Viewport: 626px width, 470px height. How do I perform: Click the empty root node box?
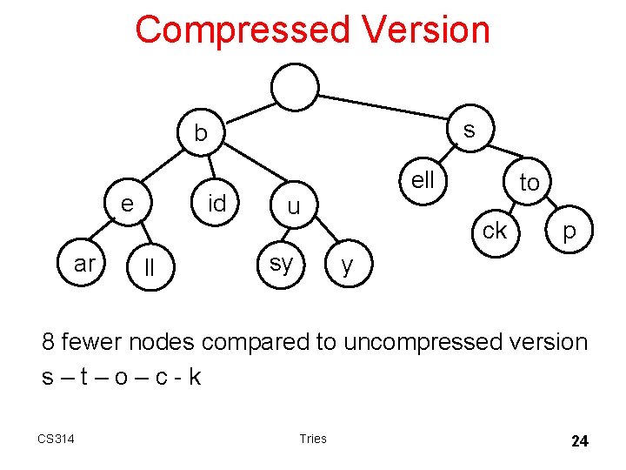click(295, 86)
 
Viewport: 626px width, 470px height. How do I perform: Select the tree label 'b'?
click(201, 133)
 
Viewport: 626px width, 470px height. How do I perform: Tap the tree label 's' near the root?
click(469, 130)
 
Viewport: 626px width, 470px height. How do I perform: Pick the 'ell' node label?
click(423, 180)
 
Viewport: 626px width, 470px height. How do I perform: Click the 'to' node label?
click(529, 183)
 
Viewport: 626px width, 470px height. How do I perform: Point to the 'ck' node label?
click(495, 231)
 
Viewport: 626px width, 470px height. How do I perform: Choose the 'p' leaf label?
click(569, 232)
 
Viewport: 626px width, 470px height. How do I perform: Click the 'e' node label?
click(127, 204)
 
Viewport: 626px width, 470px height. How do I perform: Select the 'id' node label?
click(217, 204)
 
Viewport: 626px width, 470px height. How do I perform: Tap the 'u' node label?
click(294, 207)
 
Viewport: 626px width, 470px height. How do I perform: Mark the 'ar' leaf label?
click(85, 264)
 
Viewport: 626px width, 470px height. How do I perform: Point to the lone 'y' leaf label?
click(348, 265)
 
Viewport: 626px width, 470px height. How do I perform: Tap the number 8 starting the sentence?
click(49, 342)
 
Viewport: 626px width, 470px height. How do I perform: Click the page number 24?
click(579, 441)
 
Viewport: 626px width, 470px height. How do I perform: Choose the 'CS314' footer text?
click(56, 439)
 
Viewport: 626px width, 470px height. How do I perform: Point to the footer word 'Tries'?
click(312, 439)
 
